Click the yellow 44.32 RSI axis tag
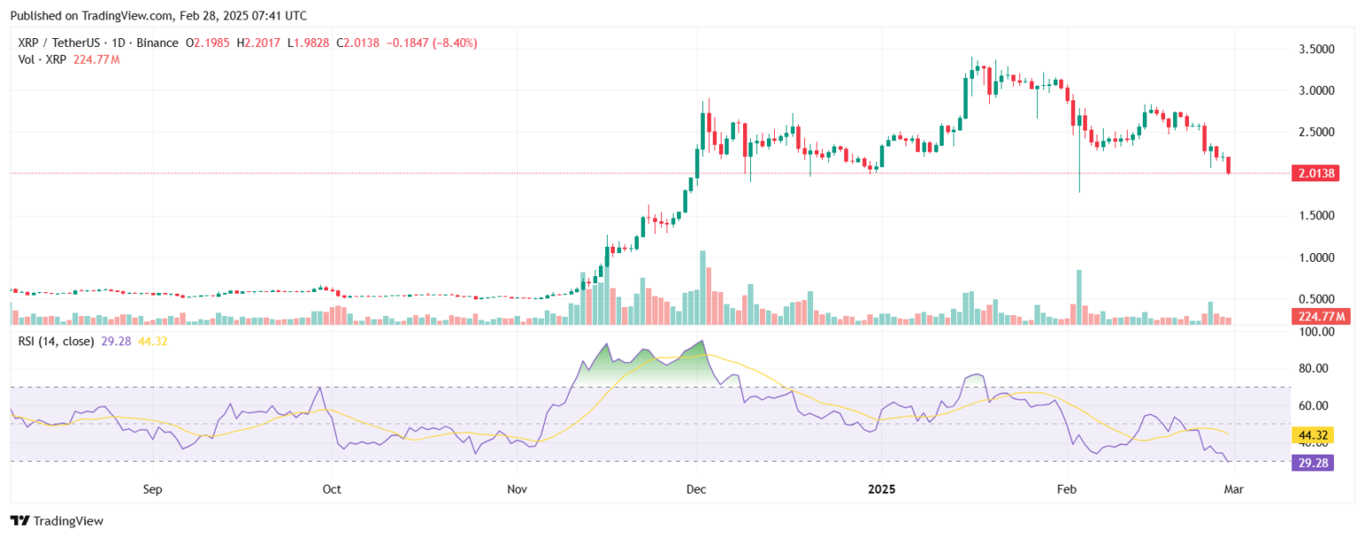1311,435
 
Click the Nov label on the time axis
516,489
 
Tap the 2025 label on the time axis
882,489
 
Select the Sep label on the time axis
153,489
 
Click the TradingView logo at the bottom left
57,521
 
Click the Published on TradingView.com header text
158,16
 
